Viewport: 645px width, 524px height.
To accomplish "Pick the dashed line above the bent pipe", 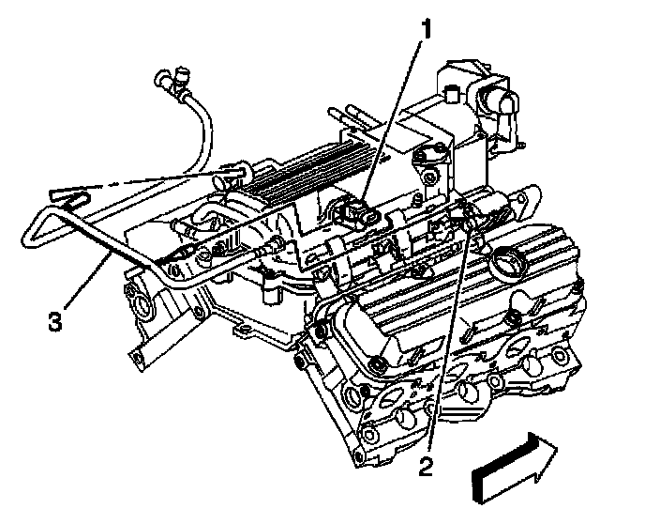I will [x=141, y=182].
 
